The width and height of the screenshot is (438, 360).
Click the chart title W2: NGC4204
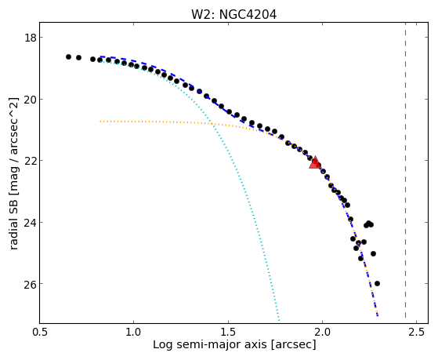point(233,15)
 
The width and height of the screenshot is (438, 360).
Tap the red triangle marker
point(315,163)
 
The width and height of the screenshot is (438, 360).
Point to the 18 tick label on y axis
point(30,38)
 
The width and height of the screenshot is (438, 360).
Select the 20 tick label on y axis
point(30,100)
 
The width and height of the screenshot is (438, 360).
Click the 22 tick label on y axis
point(30,161)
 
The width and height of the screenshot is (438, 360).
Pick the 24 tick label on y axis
point(30,223)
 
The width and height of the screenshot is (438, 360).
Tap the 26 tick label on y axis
point(30,284)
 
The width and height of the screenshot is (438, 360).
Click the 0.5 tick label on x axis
point(40,332)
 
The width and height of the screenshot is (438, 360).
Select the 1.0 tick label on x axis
point(134,332)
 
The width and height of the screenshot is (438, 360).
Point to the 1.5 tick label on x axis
point(228,332)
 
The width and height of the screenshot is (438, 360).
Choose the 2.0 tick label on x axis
point(322,332)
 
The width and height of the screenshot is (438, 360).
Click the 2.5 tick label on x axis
point(417,332)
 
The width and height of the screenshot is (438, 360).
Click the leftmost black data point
point(68,56)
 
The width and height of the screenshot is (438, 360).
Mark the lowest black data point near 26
point(377,283)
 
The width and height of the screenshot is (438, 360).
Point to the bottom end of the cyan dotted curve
point(279,320)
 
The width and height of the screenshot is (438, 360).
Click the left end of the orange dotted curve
point(100,121)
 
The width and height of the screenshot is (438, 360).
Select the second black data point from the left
point(79,57)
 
